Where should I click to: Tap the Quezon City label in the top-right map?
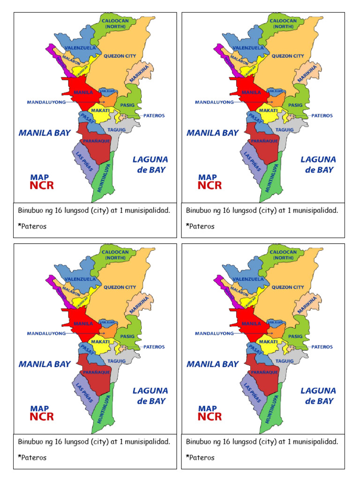tap(288, 56)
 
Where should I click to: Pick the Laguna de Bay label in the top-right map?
tap(318, 165)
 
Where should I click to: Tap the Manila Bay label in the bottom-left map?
tap(45, 364)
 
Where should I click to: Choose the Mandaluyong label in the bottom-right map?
tap(214, 333)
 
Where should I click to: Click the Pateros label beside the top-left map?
tap(154, 115)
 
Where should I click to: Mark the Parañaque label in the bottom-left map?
tap(97, 372)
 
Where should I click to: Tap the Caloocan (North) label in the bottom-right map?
tap(284, 255)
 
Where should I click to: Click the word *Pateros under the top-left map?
tap(32, 226)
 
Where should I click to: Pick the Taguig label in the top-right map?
tap(284, 130)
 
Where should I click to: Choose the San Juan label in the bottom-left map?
tap(108, 322)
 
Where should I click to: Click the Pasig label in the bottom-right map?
tap(295, 336)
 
